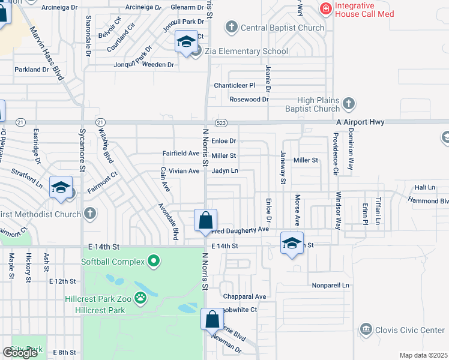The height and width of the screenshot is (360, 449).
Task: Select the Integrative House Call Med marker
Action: click(x=325, y=8)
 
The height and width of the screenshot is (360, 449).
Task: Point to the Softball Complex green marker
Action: click(x=154, y=261)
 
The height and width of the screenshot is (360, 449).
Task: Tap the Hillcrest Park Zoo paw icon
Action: click(x=141, y=298)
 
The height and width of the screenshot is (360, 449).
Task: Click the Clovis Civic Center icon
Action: click(x=365, y=329)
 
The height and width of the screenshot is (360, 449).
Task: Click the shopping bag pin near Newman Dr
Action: click(x=212, y=319)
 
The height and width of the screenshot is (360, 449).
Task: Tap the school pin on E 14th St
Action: click(x=292, y=243)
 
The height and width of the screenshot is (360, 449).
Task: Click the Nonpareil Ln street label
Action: click(x=330, y=286)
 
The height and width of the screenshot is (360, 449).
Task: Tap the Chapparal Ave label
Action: click(x=244, y=296)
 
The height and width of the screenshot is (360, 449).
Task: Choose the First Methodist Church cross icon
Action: click(x=90, y=214)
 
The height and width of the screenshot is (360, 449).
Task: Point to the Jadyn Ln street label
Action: click(x=225, y=171)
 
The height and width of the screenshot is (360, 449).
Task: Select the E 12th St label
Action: click(x=63, y=281)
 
